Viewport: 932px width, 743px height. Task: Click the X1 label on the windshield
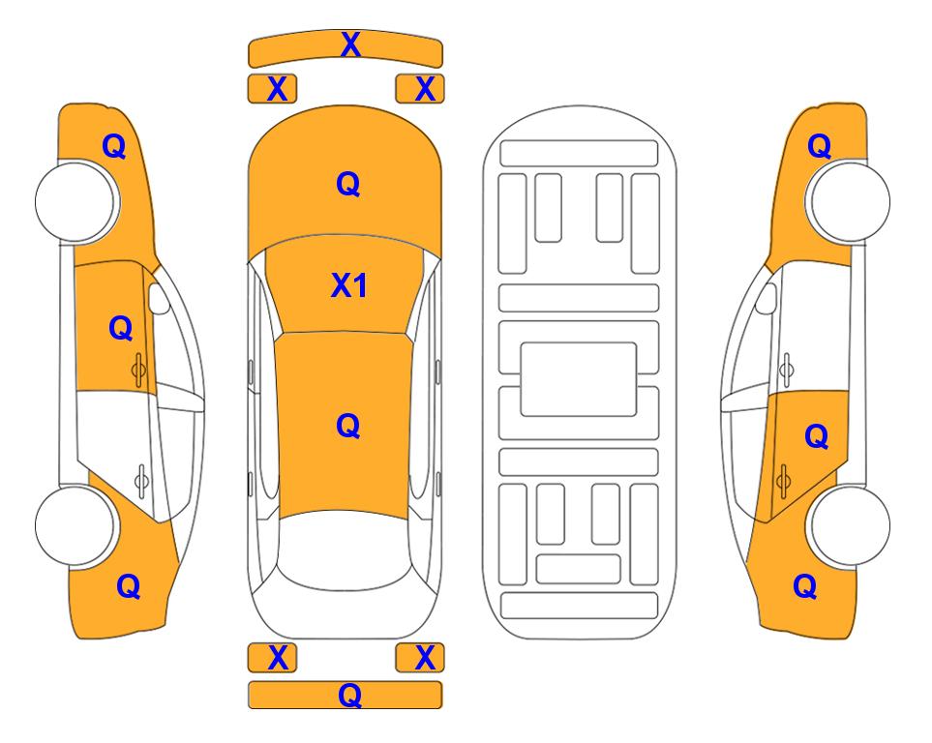coord(348,285)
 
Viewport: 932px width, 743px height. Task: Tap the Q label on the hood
coord(348,184)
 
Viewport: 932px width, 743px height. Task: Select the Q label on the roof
coord(348,426)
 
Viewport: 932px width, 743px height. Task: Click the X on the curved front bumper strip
coord(350,45)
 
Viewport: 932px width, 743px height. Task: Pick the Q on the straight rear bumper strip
coord(350,695)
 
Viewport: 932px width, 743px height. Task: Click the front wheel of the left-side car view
coord(75,201)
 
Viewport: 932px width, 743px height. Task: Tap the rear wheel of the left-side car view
coord(75,526)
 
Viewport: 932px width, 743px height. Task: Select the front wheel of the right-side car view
coord(849,201)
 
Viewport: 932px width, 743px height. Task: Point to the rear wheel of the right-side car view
coord(849,526)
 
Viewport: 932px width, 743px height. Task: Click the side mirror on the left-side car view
coord(159,298)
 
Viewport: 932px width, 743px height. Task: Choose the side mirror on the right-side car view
coord(766,298)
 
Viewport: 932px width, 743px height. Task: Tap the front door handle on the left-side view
coord(138,370)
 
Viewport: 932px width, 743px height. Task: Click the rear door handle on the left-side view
coord(141,480)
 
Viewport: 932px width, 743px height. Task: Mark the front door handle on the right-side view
coord(786,370)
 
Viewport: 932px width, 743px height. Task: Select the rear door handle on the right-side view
coord(783,480)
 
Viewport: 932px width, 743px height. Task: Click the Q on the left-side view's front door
coord(121,328)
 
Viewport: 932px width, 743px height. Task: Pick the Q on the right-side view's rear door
coord(817,437)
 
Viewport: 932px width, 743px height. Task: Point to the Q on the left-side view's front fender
coord(114,146)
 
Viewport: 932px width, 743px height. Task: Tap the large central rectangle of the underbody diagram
coord(579,379)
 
